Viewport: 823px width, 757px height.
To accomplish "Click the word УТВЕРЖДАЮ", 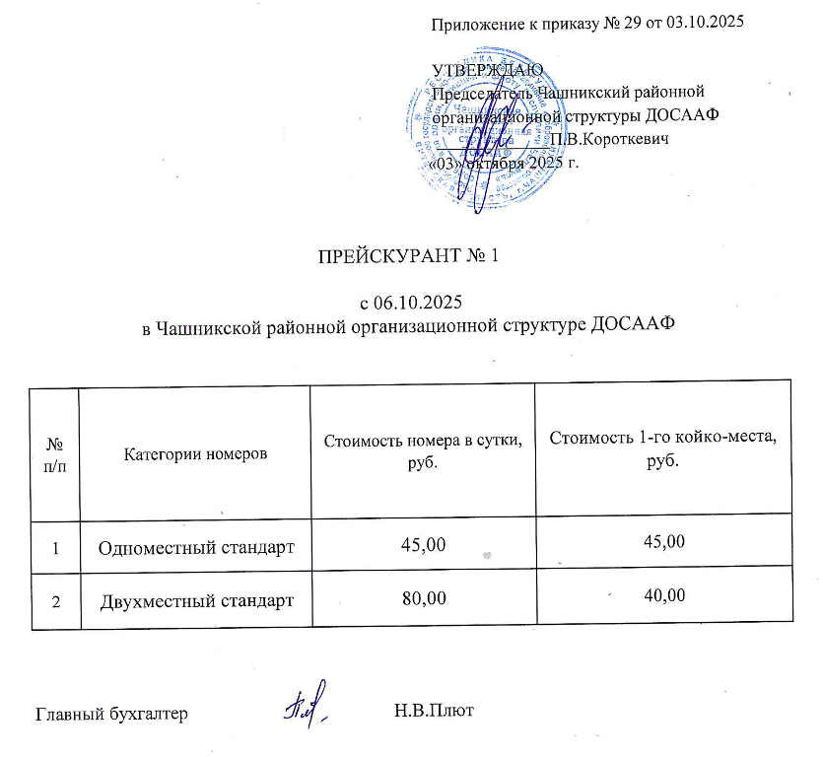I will (x=487, y=70).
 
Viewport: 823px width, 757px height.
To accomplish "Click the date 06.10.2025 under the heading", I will (x=407, y=302).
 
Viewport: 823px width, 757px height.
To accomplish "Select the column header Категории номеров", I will (x=195, y=454).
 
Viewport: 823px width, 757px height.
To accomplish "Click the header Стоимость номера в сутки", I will (x=423, y=447).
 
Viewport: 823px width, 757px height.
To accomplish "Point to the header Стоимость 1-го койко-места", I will (x=662, y=446).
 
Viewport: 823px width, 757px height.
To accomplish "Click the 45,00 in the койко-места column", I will (x=662, y=540).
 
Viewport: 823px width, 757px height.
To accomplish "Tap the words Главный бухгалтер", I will (x=111, y=713).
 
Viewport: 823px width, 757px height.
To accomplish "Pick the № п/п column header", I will (x=54, y=454).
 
